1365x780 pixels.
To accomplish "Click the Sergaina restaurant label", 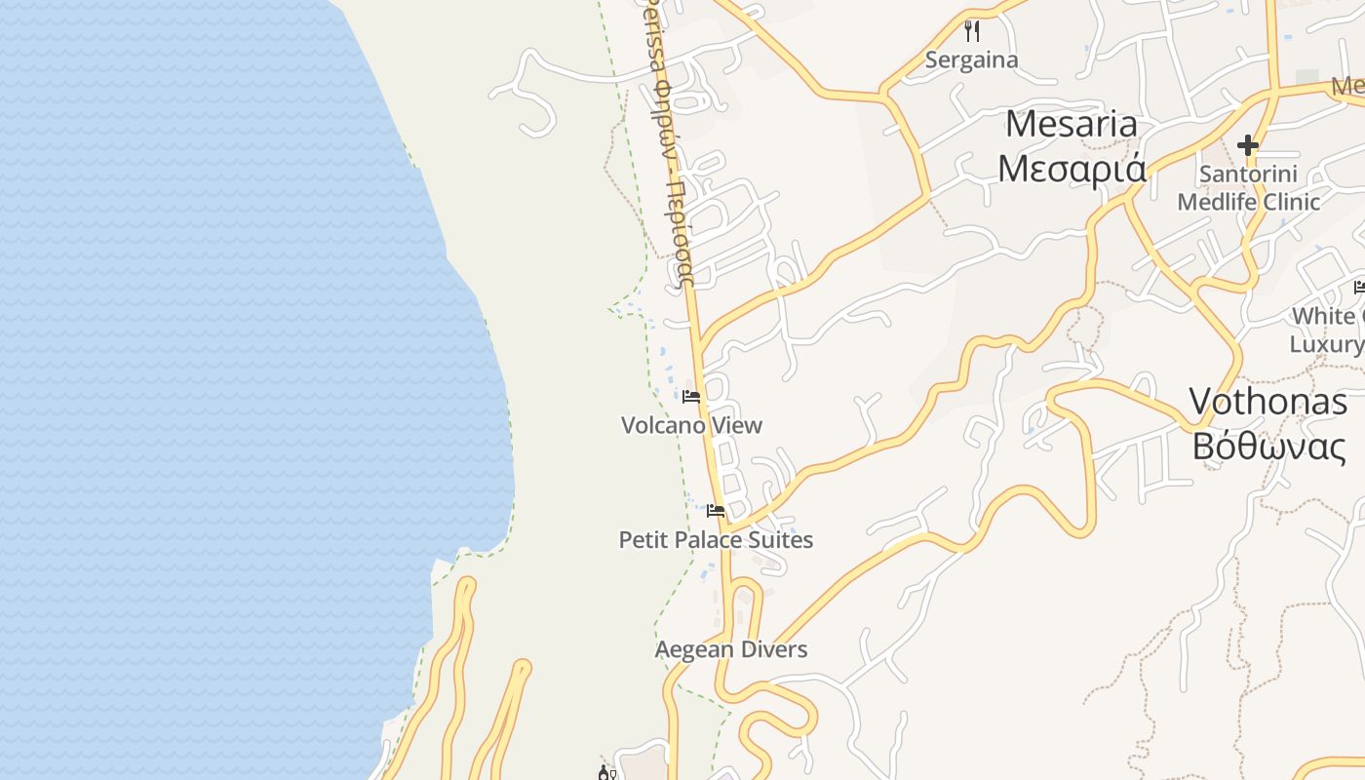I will pyautogui.click(x=971, y=60).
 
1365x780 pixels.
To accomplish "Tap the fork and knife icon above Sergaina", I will pyautogui.click(x=971, y=31).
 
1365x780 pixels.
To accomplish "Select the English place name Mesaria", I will pyautogui.click(x=1071, y=125).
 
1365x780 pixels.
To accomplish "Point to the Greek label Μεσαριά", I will pyautogui.click(x=1071, y=169).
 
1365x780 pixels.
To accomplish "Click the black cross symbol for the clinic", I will pyautogui.click(x=1247, y=146).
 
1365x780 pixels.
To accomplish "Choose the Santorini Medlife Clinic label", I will pyautogui.click(x=1248, y=188).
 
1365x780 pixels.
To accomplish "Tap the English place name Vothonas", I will pyautogui.click(x=1267, y=402).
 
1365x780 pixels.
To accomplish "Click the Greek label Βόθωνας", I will pyautogui.click(x=1267, y=446).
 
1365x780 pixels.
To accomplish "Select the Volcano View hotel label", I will pyautogui.click(x=691, y=425).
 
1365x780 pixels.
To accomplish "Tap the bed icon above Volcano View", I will pyautogui.click(x=691, y=397).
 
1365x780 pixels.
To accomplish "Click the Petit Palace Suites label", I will pyautogui.click(x=716, y=540).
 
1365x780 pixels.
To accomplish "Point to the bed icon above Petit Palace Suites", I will pyautogui.click(x=716, y=511).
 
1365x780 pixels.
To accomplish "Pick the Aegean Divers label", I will pyautogui.click(x=731, y=649).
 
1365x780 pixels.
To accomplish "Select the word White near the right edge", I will pyautogui.click(x=1323, y=316).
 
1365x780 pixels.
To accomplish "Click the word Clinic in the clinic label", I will pyautogui.click(x=1287, y=202).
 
